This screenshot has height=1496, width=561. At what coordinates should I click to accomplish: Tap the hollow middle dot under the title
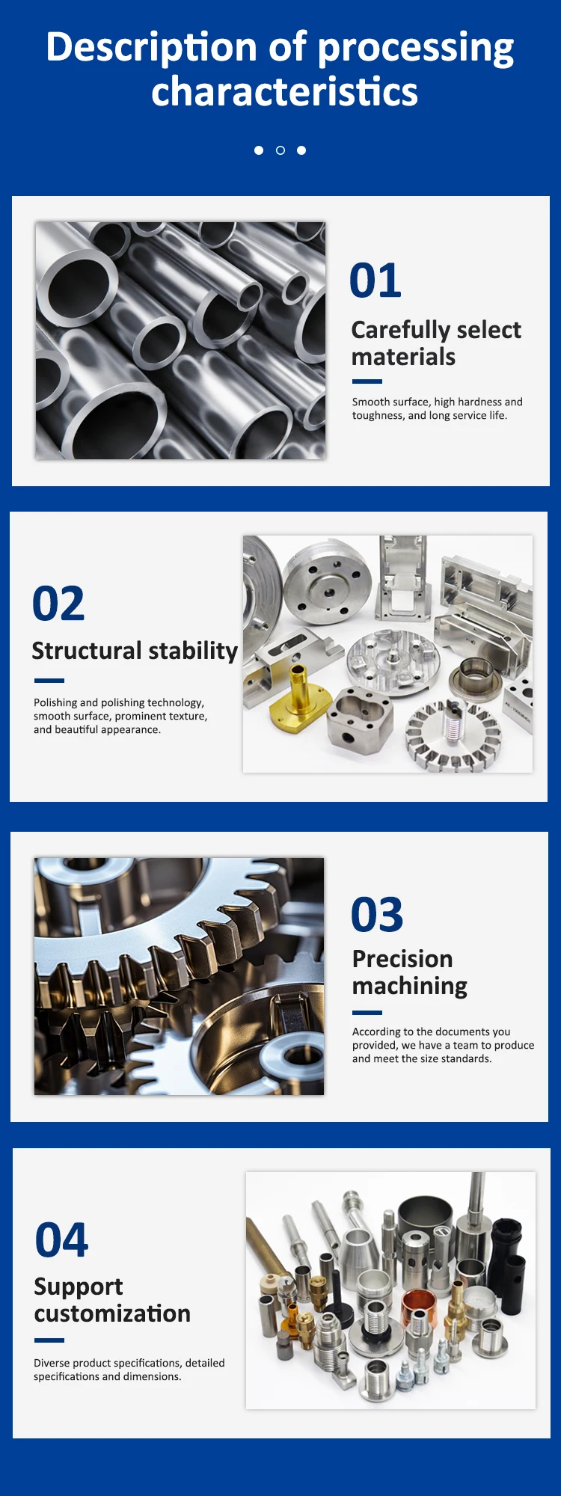tap(280, 150)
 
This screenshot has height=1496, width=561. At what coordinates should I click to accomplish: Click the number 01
tap(375, 280)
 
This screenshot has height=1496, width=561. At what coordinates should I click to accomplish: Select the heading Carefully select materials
tap(436, 343)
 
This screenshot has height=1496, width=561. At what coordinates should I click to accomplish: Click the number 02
tap(58, 604)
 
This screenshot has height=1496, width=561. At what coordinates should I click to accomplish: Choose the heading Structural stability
tap(135, 651)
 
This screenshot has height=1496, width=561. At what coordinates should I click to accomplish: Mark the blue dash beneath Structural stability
tap(49, 681)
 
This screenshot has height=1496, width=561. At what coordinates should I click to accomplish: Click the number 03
tap(377, 915)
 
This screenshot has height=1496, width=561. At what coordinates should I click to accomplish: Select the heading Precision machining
tap(410, 972)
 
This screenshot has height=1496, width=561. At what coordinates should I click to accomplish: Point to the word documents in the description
tap(462, 1031)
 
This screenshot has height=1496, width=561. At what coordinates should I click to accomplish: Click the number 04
tap(61, 1239)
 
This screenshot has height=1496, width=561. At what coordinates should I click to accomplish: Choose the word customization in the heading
tap(112, 1313)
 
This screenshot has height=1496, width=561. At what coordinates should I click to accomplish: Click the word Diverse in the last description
tap(52, 1363)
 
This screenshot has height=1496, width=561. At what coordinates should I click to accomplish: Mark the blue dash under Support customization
tap(49, 1340)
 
